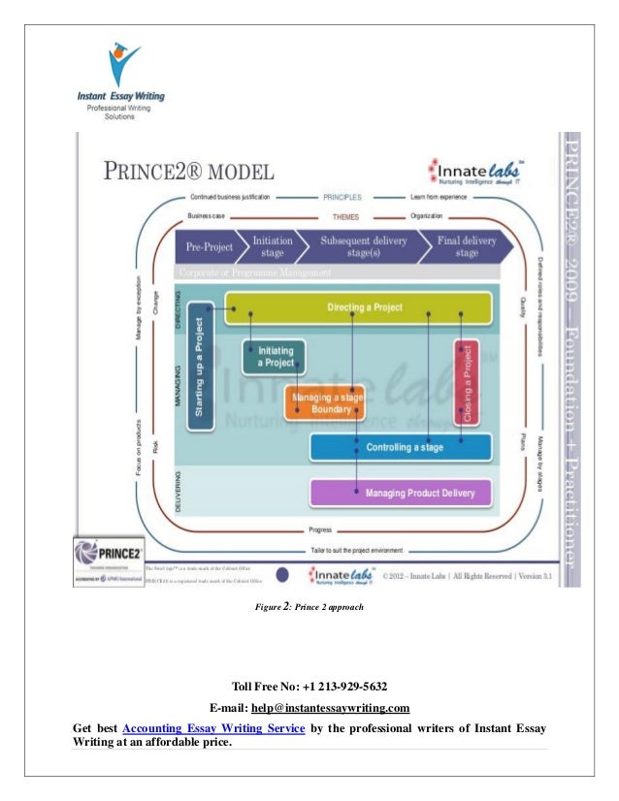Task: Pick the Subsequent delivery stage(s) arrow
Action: point(364,246)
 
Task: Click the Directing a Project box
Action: point(358,307)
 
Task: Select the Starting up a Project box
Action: point(200,368)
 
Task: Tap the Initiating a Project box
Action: point(275,357)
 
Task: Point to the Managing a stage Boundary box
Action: point(325,401)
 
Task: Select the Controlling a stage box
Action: point(401,447)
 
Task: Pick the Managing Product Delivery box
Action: point(401,494)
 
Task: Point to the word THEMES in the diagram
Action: point(346,216)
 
